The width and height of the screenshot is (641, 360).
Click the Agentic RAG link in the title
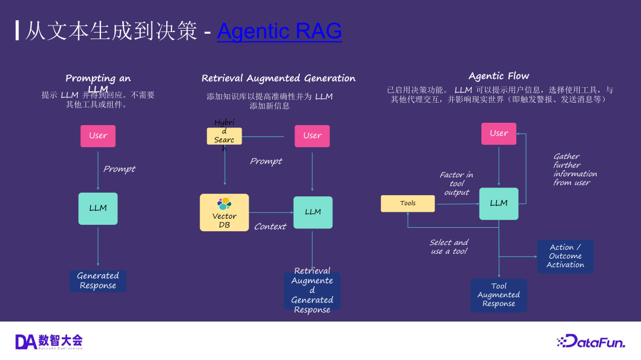click(279, 31)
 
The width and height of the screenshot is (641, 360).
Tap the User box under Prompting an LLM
click(98, 136)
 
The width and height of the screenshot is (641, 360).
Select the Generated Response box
click(98, 281)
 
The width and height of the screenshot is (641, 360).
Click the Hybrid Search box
click(224, 136)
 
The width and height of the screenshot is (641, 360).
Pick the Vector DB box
click(224, 212)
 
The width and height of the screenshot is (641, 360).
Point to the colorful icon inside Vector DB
click(224, 203)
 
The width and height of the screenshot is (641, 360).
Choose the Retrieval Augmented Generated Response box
click(312, 291)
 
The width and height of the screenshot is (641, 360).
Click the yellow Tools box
click(408, 203)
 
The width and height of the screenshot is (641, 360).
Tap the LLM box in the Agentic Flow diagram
click(499, 203)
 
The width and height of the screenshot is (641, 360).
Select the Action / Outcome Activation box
click(565, 256)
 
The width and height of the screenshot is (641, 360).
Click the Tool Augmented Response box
click(499, 295)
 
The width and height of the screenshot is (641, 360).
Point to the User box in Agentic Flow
click(499, 133)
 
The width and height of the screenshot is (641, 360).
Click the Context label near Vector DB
click(270, 227)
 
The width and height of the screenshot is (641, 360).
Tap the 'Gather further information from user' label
click(575, 170)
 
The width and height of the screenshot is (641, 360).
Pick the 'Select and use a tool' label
click(449, 247)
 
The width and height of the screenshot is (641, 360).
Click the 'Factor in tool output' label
click(456, 183)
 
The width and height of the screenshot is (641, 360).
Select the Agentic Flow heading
click(499, 76)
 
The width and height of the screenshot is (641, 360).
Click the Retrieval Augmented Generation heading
click(278, 78)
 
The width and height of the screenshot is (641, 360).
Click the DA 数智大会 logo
click(49, 341)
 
